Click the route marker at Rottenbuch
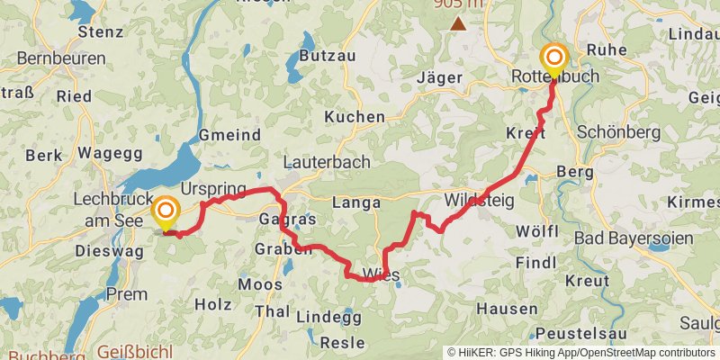pyautogui.click(x=553, y=59)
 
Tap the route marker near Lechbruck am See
pyautogui.click(x=166, y=213)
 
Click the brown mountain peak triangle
pyautogui.click(x=459, y=23)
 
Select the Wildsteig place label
pyautogui.click(x=479, y=200)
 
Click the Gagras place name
pyautogui.click(x=287, y=220)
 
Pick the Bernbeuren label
pyautogui.click(x=61, y=58)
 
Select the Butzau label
pyautogui.click(x=321, y=55)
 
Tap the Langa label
pyautogui.click(x=357, y=202)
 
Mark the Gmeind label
pyautogui.click(x=229, y=135)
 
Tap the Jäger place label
pyautogui.click(x=439, y=77)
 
